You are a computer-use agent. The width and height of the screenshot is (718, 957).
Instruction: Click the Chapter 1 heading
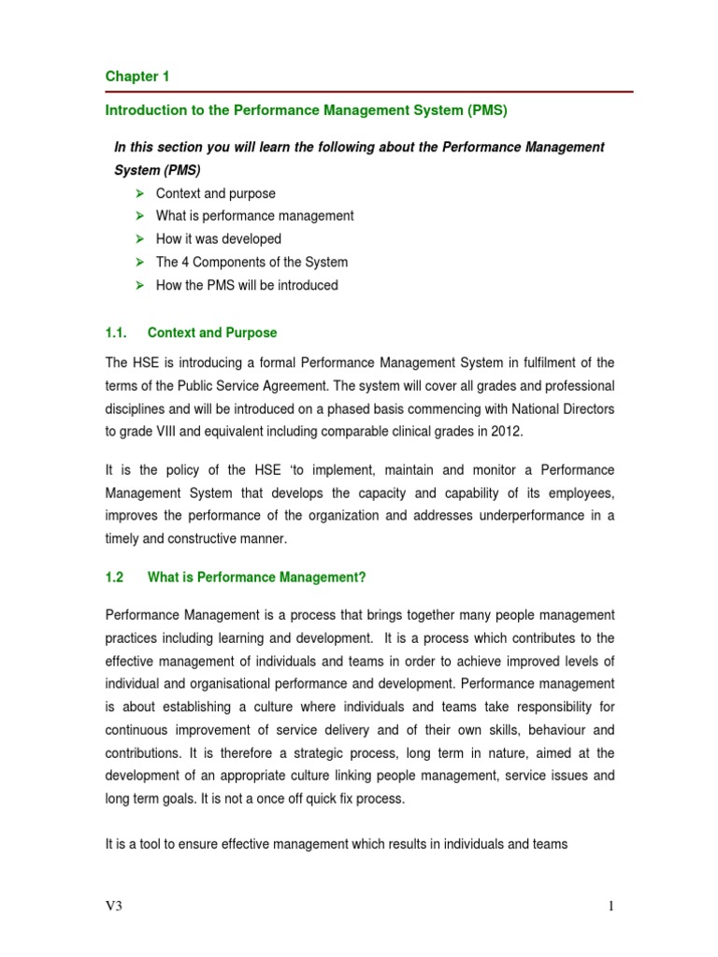[x=136, y=77]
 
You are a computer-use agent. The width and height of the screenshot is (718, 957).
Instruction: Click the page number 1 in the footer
[x=610, y=906]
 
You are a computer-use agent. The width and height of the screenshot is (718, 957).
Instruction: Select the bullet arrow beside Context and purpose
[x=139, y=193]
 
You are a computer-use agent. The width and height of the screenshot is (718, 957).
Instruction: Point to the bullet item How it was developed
[x=218, y=239]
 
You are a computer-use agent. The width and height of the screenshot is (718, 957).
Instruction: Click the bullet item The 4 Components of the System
[x=251, y=263]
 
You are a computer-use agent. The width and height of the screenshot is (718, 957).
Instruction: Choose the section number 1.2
[x=115, y=578]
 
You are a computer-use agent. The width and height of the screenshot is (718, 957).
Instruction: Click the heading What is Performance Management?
[x=256, y=578]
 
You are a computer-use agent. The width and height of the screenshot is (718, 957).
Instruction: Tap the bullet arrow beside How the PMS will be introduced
[x=139, y=285]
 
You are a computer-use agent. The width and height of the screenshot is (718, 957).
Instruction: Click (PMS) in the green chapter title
[x=485, y=110]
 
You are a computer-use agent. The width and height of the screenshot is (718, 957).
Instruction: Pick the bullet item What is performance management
[x=254, y=216]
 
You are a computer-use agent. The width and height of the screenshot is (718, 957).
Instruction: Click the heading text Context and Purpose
[x=212, y=333]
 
